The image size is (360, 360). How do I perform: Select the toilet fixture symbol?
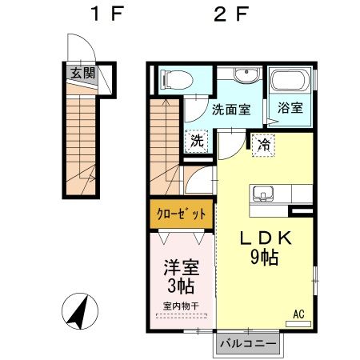click(174, 80)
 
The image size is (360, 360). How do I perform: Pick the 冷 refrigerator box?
click(263, 144)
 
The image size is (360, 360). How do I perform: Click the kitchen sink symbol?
click(263, 194)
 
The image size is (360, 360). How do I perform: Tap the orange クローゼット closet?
click(181, 214)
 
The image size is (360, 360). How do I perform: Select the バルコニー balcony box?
click(247, 343)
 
